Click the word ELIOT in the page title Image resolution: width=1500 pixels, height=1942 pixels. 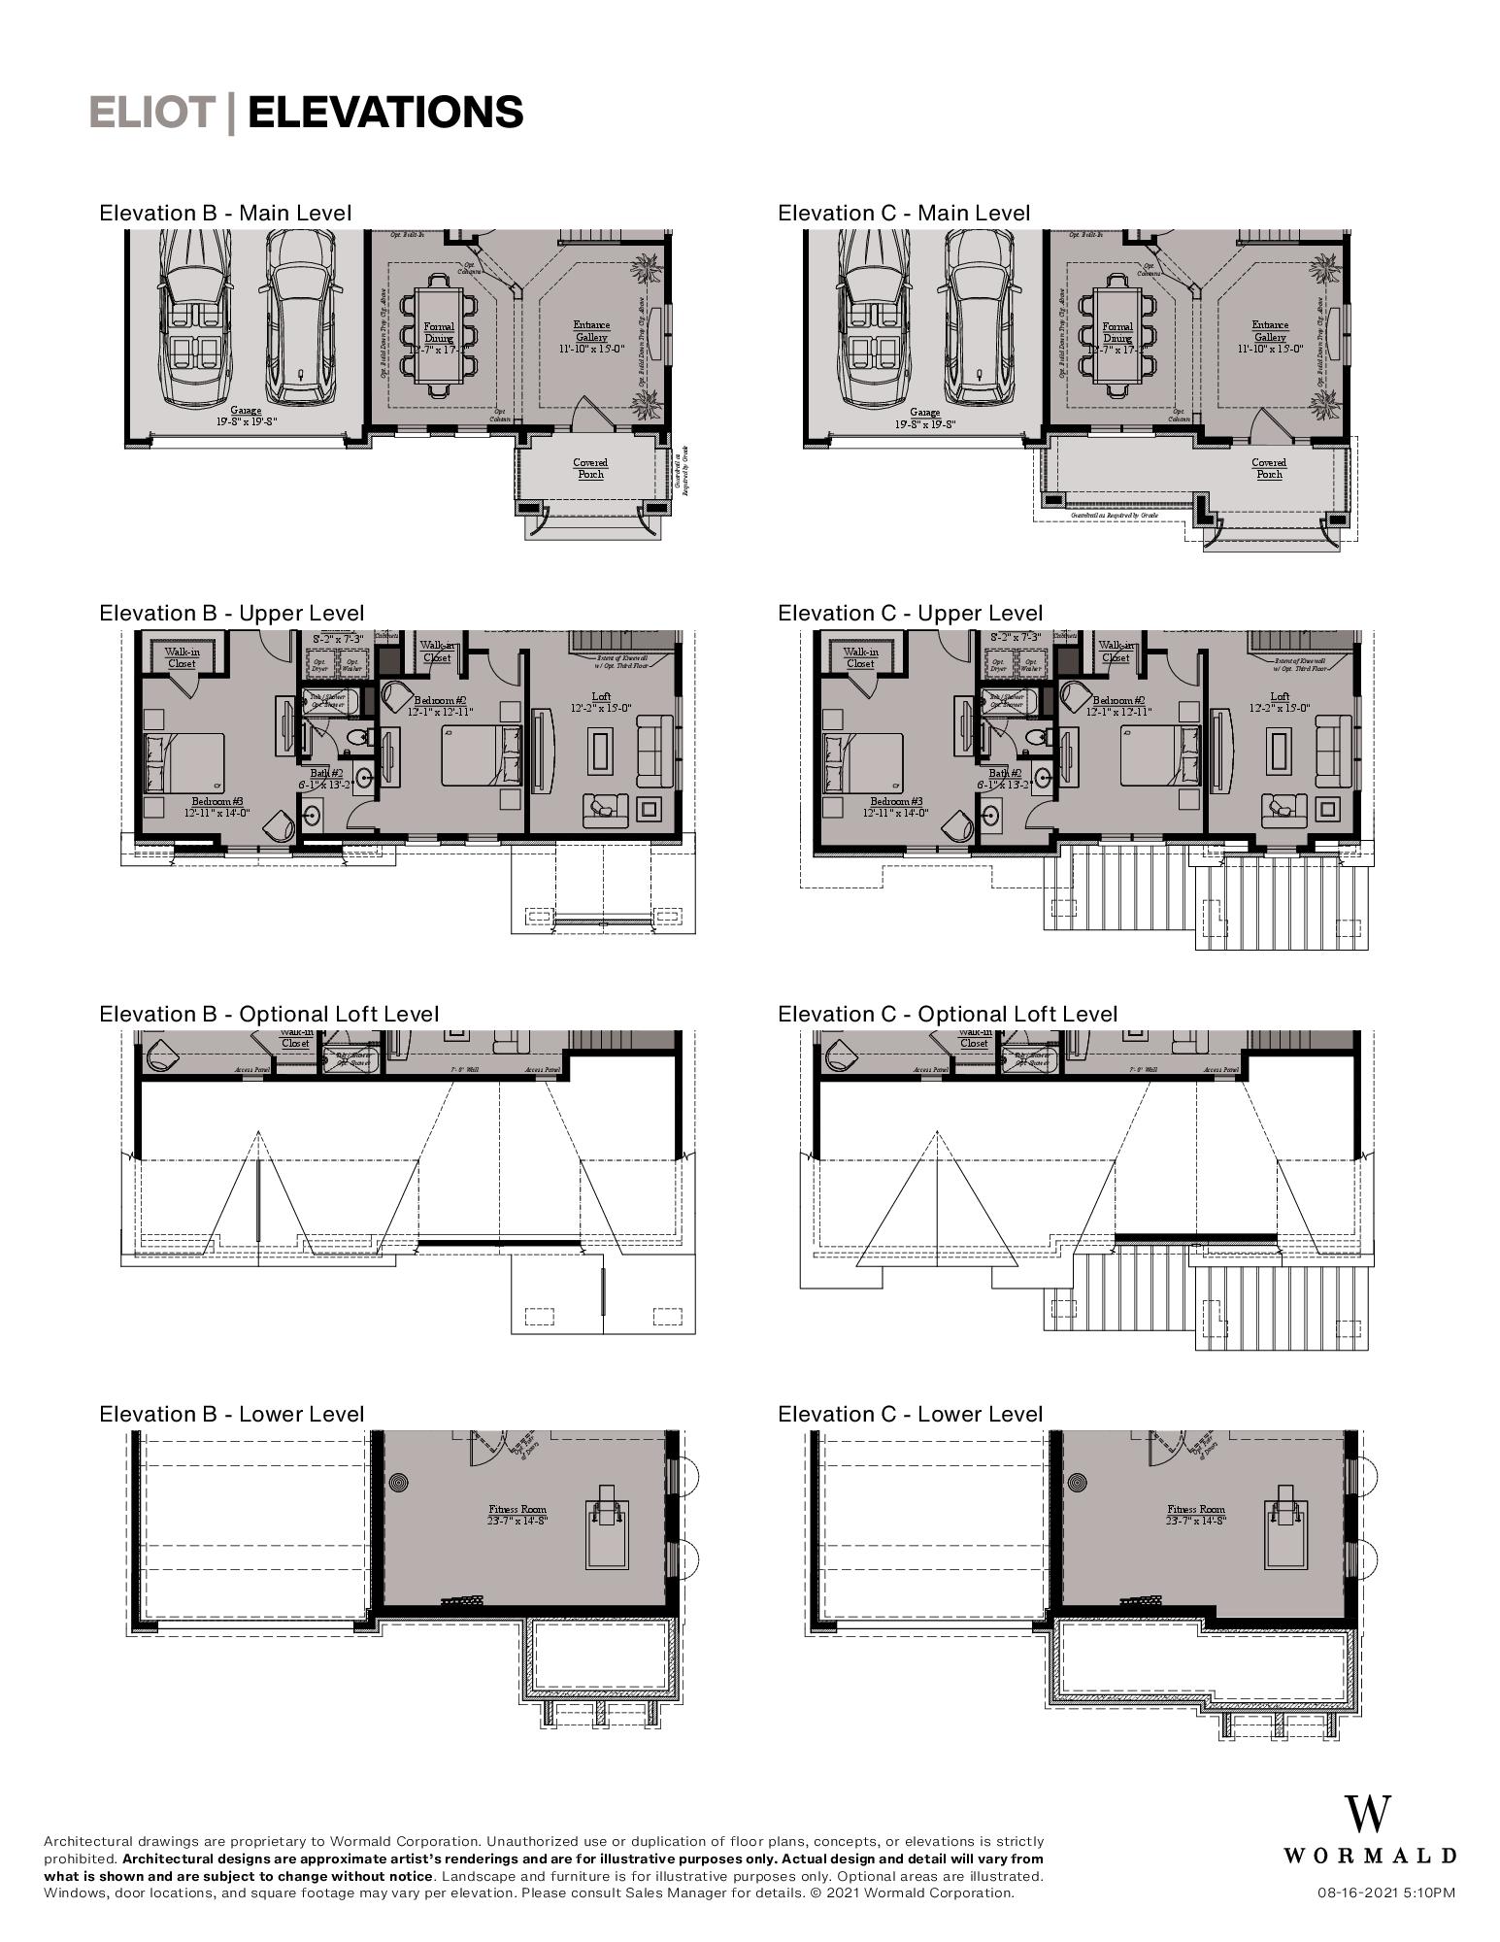point(151,113)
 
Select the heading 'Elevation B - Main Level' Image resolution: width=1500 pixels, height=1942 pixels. point(225,213)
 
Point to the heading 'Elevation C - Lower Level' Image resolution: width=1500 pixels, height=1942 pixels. point(910,1414)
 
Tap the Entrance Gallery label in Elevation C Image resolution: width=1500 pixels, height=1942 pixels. point(1270,331)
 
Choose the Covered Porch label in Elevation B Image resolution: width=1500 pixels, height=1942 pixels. point(590,469)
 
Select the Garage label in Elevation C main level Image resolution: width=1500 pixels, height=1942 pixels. point(924,418)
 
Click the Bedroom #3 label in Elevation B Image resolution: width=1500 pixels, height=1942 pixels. point(217,806)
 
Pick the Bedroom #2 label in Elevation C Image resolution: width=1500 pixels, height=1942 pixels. point(1119,706)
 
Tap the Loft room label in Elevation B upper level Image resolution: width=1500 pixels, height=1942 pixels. point(601,701)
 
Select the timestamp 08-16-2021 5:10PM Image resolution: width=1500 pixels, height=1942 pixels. point(1385,1892)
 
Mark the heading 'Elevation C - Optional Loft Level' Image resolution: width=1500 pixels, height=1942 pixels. point(948,1014)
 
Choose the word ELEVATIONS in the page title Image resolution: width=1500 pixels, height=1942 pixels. point(385,113)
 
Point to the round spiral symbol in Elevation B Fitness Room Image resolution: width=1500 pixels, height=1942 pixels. point(400,1483)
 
